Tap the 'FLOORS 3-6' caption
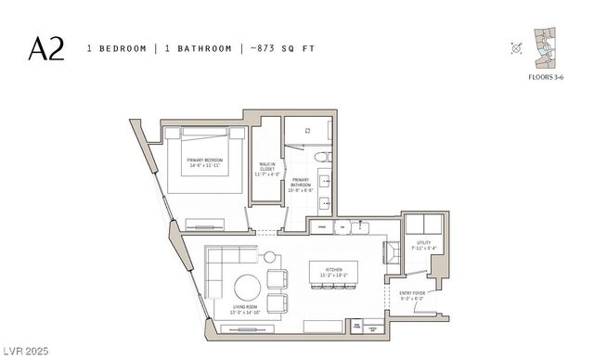(547, 79)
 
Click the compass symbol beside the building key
(516, 48)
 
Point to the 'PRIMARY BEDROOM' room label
(205, 161)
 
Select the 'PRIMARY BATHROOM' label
(301, 183)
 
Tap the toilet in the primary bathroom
(321, 157)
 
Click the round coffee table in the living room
(248, 288)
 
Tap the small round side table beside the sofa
(270, 257)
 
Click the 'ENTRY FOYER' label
(413, 295)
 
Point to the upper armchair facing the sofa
(278, 279)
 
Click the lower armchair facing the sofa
(278, 302)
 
